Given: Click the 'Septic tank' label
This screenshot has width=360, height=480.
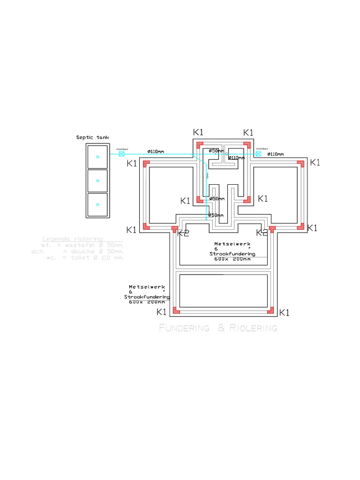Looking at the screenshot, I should pyautogui.click(x=92, y=137).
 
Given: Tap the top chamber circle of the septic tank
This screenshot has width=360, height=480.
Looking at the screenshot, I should pyautogui.click(x=97, y=157).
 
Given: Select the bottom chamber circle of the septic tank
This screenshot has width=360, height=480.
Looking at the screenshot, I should pyautogui.click(x=97, y=204).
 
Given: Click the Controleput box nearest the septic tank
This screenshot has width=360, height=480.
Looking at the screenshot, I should pyautogui.click(x=121, y=154).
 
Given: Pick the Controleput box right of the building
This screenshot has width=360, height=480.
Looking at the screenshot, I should pyautogui.click(x=258, y=154).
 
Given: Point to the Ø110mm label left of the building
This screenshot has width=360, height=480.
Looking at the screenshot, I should pyautogui.click(x=156, y=151).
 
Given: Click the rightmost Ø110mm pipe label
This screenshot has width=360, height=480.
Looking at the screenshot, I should pyautogui.click(x=276, y=154).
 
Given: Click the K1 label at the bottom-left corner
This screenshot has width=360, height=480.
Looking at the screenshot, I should pyautogui.click(x=161, y=312).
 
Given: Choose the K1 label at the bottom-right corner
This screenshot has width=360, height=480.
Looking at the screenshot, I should pyautogui.click(x=284, y=313).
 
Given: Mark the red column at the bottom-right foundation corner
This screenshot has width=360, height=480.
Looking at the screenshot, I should pyautogui.click(x=270, y=310).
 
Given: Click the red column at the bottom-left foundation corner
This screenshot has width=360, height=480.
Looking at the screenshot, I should pyautogui.click(x=176, y=310).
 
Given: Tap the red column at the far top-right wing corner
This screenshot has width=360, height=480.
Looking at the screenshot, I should pyautogui.click(x=300, y=164).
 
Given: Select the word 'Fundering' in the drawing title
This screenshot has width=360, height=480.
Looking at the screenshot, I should pyautogui.click(x=184, y=328).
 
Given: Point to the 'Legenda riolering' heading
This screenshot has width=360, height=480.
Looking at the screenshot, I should pyautogui.click(x=73, y=239).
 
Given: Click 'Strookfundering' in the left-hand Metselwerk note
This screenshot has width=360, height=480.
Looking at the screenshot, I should pyautogui.click(x=147, y=297).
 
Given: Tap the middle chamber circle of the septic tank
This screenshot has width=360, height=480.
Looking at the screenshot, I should pyautogui.click(x=97, y=180).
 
